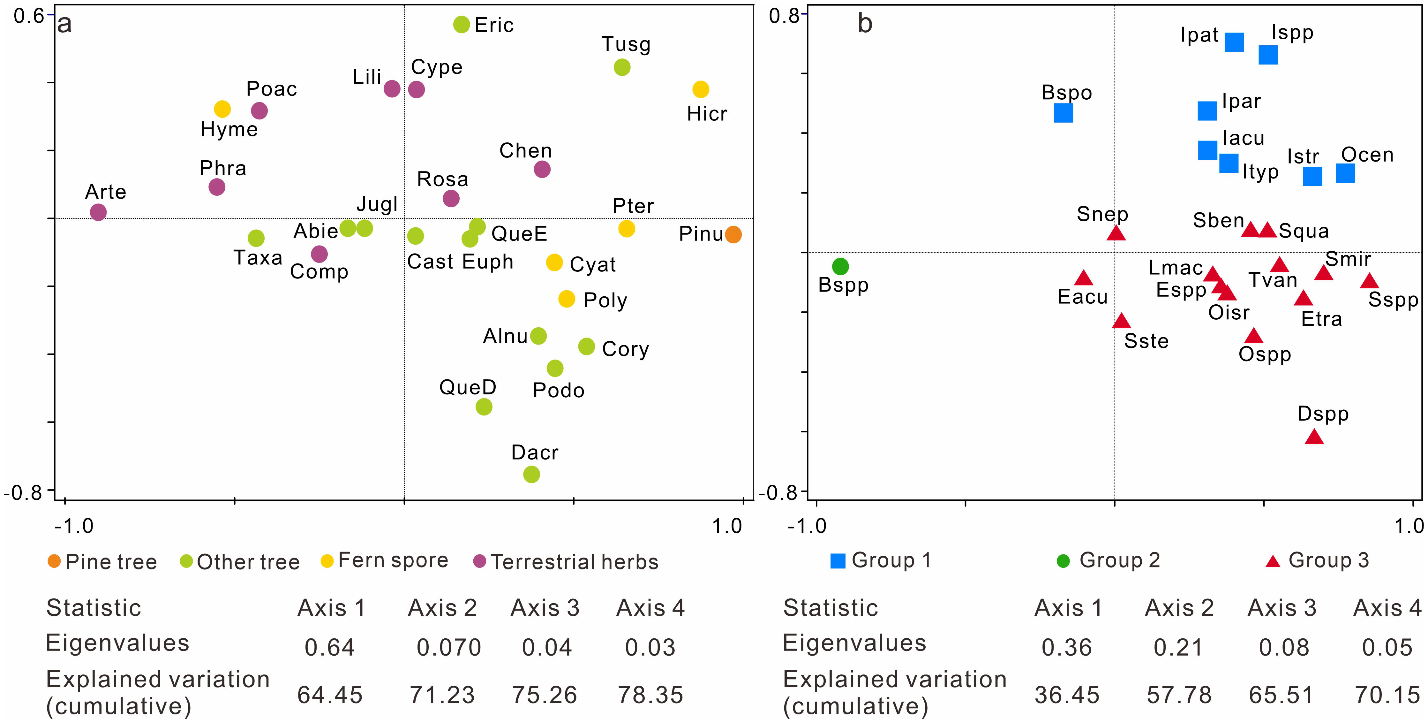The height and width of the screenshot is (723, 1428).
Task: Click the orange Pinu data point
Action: (733, 234)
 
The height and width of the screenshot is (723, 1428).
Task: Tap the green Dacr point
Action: (531, 474)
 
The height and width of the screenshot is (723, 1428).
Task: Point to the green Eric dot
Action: (461, 24)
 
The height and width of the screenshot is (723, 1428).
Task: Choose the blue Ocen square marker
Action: (1345, 173)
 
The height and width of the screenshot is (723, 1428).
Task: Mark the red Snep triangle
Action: (1116, 233)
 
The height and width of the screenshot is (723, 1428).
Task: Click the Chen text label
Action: (525, 150)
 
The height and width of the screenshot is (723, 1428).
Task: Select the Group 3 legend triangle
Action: (1273, 561)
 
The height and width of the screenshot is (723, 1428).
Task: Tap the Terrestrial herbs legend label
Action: (574, 562)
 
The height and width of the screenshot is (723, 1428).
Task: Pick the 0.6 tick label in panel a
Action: (29, 16)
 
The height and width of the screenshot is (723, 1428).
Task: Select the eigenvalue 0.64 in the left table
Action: (329, 647)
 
